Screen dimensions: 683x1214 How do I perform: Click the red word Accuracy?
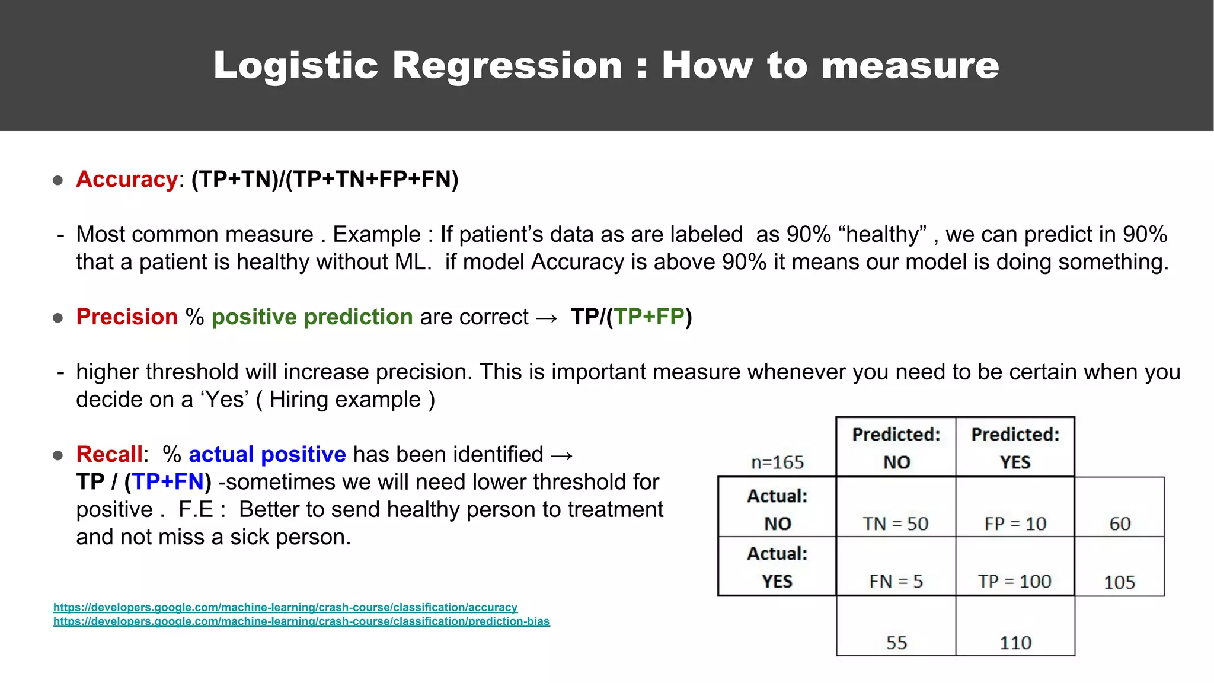126,179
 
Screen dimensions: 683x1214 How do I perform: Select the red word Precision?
126,317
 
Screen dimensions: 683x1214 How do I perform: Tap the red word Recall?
109,454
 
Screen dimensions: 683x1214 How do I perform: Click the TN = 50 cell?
895,524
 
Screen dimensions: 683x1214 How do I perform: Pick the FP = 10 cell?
1015,524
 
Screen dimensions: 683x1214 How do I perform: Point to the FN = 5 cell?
896,581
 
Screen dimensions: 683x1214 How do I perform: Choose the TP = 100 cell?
1014,581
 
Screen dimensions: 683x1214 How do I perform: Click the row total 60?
1120,524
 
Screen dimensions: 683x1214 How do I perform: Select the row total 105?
1119,582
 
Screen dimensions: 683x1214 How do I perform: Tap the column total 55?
896,643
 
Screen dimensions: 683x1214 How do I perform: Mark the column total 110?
1015,643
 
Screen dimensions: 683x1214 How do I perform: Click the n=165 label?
777,462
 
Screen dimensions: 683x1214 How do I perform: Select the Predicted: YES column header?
1015,448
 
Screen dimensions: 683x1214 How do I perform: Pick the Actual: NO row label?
777,509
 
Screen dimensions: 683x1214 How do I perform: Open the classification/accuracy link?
285,607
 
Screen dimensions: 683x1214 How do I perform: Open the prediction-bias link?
301,621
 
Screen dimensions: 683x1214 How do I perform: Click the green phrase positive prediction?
312,317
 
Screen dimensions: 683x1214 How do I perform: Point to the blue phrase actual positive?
267,454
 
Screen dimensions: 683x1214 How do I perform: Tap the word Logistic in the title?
295,65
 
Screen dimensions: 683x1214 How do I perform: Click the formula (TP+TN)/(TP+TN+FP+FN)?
325,179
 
